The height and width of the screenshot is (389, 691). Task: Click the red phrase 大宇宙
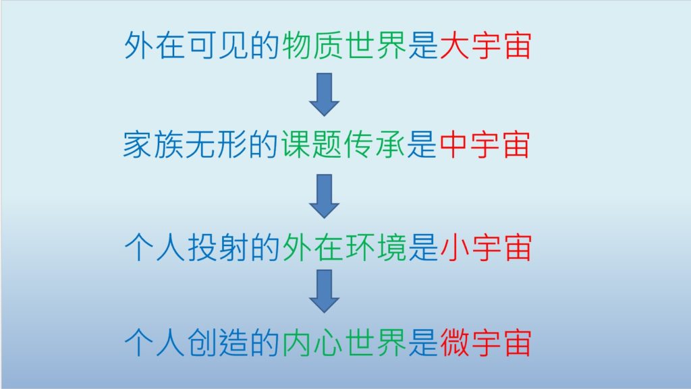[x=485, y=45]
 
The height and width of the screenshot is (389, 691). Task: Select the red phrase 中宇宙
[x=485, y=144]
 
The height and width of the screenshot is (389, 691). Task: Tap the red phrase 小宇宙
[x=485, y=247]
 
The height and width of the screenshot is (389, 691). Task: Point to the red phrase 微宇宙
[x=485, y=342]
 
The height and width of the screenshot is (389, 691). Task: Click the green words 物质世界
[x=343, y=45]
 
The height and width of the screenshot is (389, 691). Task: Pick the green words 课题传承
[x=342, y=144]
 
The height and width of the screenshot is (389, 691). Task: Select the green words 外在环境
[x=343, y=247]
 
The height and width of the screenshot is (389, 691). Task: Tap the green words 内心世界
[x=343, y=342]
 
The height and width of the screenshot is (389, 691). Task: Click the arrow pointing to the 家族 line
[x=325, y=94]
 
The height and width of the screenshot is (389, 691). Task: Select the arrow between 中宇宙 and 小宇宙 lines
[x=325, y=196]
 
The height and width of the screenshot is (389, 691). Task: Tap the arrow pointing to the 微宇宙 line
[x=325, y=291]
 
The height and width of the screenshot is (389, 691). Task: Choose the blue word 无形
[x=216, y=144]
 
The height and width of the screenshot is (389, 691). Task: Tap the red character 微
[x=454, y=342]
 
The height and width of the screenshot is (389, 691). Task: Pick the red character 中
[x=453, y=144]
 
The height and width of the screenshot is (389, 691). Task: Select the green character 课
[x=296, y=144]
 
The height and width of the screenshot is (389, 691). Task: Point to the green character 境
[x=391, y=247]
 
